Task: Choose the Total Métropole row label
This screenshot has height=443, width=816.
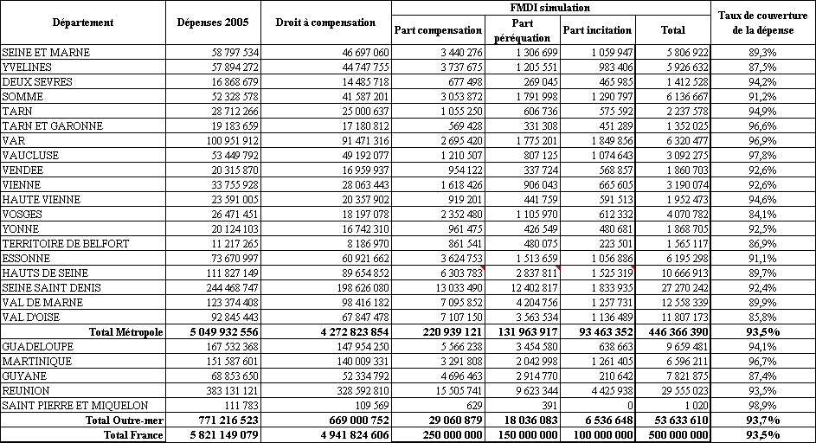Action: click(x=125, y=331)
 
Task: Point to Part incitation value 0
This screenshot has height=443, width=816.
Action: click(x=630, y=405)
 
